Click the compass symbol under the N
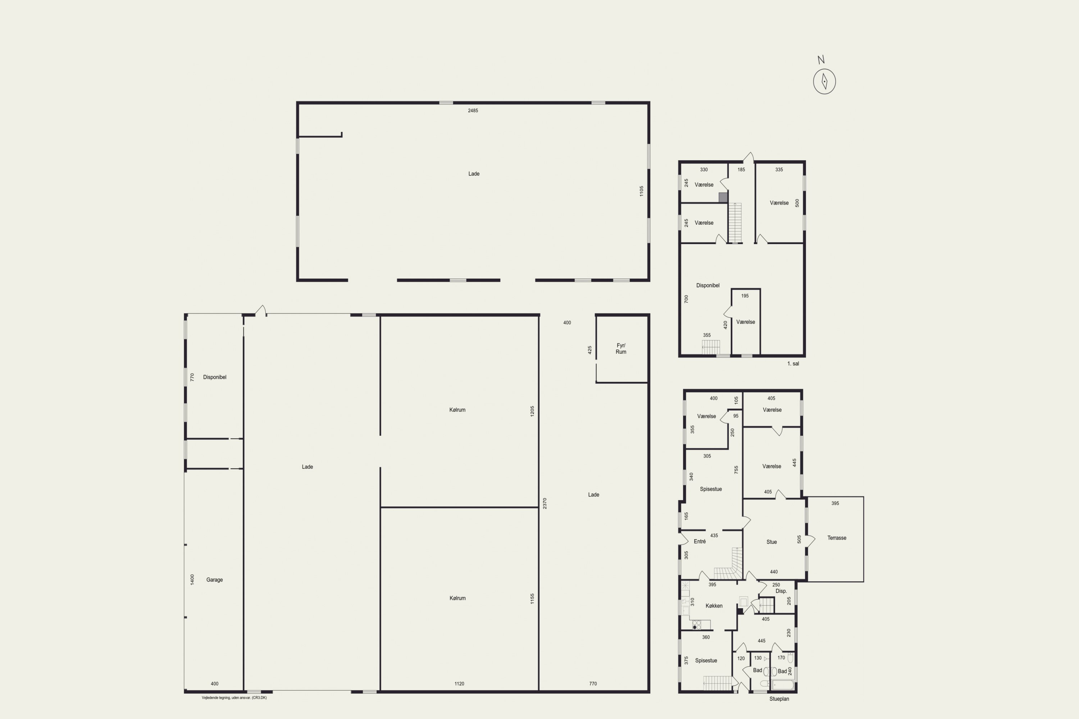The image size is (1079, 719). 824,82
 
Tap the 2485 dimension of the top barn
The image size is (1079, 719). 473,110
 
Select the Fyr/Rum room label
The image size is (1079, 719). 621,348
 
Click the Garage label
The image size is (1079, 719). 214,580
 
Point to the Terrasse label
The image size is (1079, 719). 837,538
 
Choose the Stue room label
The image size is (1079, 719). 771,542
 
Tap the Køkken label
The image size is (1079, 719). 714,606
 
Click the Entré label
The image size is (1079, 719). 700,541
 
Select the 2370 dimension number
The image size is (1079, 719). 545,504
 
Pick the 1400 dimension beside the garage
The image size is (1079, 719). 192,579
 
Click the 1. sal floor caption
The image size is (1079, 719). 793,363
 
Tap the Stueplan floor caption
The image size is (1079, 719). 779,699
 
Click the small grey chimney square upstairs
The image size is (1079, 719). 723,197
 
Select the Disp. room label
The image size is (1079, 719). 781,591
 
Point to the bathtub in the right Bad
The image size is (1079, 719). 783,685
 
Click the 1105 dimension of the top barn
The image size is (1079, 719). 641,191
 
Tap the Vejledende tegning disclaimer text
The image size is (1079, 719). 234,698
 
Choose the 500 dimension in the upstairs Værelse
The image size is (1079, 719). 797,203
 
